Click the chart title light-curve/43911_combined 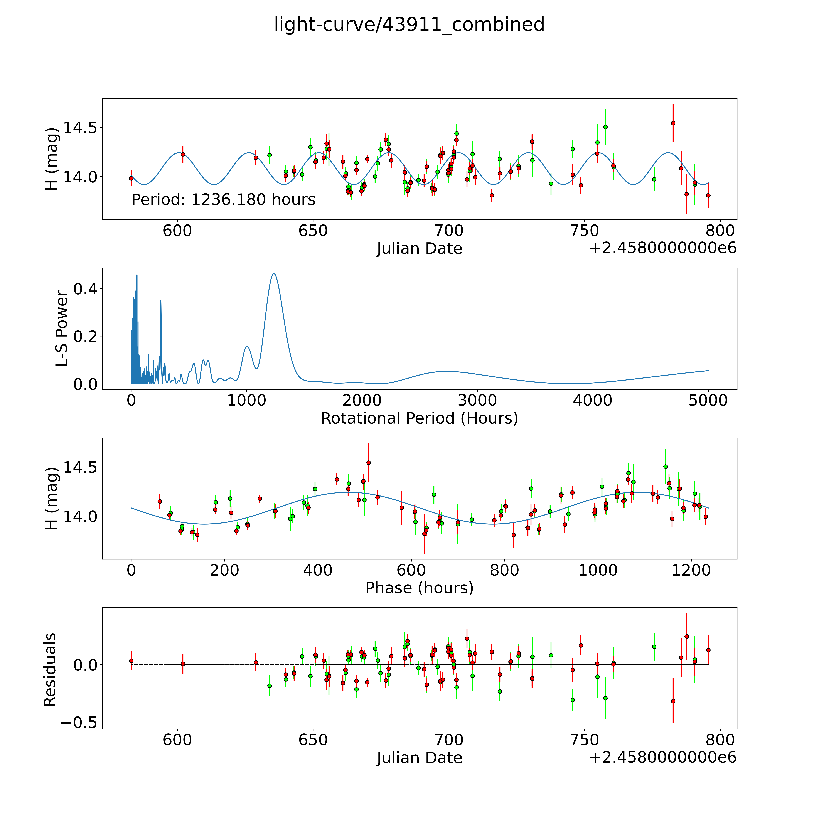tap(409, 25)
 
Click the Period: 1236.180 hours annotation tap(223, 200)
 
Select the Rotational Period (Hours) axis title tap(419, 418)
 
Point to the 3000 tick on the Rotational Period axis tap(477, 401)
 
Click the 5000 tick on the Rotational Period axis tap(708, 401)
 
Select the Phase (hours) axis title tap(419, 588)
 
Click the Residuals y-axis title tap(50, 670)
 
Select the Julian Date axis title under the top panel tap(419, 248)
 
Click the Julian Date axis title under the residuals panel tap(419, 758)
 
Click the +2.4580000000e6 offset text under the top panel tap(663, 248)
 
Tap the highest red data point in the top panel tap(673, 123)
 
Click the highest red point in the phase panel tap(368, 462)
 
